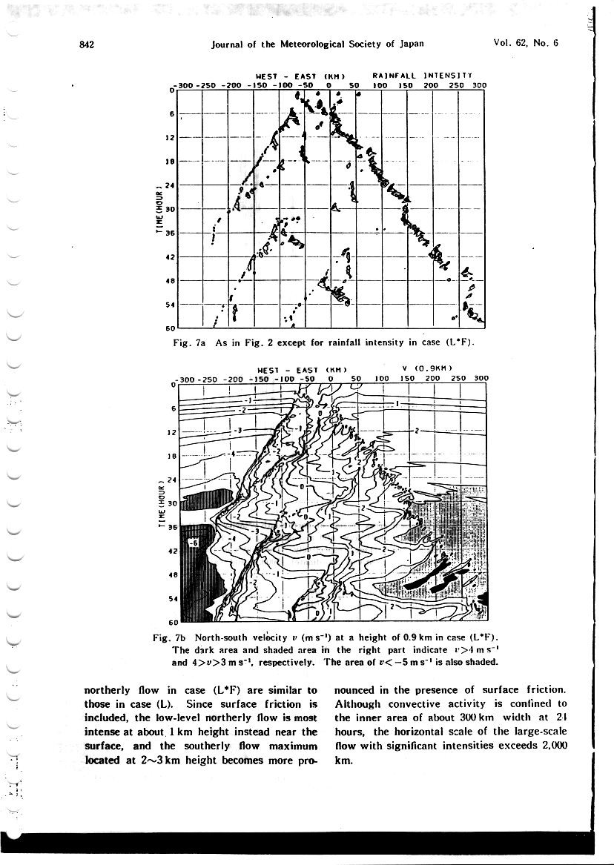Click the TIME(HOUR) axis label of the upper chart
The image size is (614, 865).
pos(157,208)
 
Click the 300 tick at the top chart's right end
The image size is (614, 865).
pos(479,85)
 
